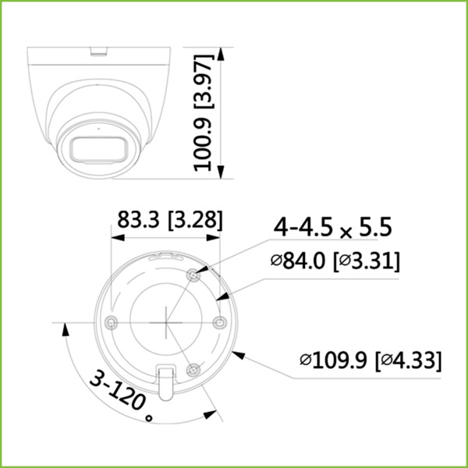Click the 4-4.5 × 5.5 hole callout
[x=331, y=228]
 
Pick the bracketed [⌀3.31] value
[x=366, y=261]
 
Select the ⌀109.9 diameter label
[x=335, y=361]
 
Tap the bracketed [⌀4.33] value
[x=409, y=361]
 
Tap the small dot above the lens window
[x=98, y=124]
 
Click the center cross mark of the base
[x=166, y=321]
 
